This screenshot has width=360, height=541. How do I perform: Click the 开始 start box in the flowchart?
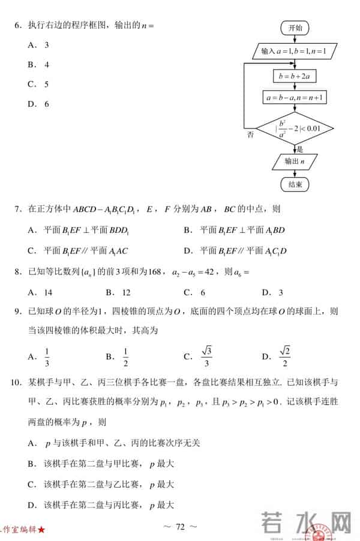295,28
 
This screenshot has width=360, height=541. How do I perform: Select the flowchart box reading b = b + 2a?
294,76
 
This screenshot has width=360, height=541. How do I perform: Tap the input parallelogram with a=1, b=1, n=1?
294,52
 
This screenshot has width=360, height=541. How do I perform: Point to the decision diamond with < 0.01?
294,127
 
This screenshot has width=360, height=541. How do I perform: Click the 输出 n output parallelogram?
294,162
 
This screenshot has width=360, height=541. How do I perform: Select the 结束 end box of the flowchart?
295,184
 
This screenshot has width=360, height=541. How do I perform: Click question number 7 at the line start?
18,210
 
